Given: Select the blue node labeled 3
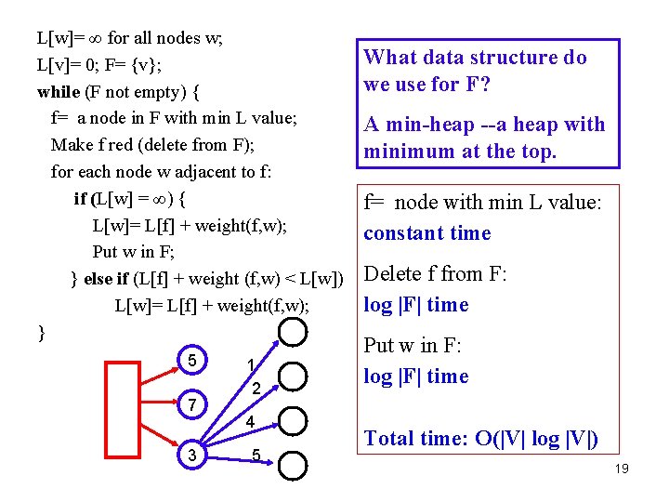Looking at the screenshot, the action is (x=191, y=455).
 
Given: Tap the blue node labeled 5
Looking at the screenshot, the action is (x=191, y=360).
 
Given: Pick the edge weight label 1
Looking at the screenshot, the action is (x=250, y=363).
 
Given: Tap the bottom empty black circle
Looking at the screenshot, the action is (x=293, y=465).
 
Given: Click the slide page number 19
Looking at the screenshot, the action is (x=622, y=469).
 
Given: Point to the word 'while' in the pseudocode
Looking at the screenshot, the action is (x=59, y=92).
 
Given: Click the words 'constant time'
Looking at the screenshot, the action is (x=426, y=233).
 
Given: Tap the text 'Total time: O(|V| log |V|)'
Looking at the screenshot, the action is (x=481, y=439).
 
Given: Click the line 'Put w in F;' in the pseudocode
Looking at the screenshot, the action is (x=134, y=252).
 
